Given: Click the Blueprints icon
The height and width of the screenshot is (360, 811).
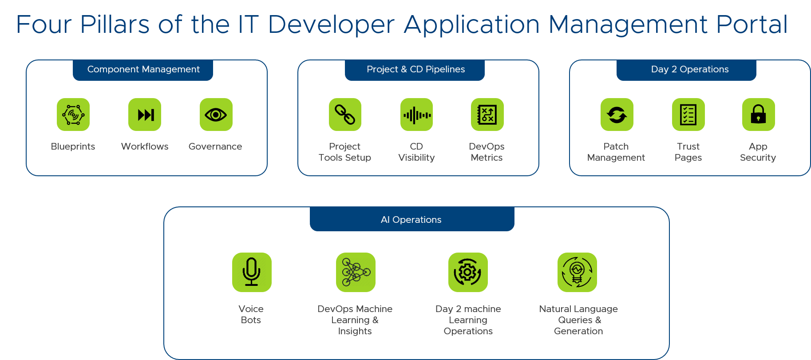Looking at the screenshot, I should click(73, 115).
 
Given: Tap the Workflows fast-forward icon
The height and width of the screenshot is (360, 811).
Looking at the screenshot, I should click(145, 115).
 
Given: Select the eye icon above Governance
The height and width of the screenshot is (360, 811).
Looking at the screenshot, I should click(216, 115).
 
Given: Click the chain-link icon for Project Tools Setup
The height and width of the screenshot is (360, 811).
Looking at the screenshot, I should click(345, 115).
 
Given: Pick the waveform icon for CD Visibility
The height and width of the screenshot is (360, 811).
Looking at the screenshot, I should click(416, 115).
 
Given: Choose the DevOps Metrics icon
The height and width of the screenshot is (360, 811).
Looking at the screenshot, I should click(487, 115).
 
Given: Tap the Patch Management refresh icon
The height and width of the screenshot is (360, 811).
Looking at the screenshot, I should click(617, 115).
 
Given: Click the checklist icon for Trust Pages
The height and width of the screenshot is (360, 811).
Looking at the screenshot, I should click(688, 115).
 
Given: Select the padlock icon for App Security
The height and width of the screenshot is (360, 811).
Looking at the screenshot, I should click(758, 115).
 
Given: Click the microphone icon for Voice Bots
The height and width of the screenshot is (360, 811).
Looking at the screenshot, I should click(252, 272).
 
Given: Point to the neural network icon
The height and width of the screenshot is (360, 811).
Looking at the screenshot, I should click(356, 272).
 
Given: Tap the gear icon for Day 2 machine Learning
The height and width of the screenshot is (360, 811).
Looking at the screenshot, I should click(468, 272).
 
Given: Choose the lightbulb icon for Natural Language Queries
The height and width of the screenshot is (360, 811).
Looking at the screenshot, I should click(577, 272).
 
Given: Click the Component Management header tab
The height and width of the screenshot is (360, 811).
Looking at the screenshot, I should click(143, 70).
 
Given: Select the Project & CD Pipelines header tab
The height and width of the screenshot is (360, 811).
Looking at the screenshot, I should click(415, 70).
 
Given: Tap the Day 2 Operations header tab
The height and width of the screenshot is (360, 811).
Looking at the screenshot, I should click(687, 70).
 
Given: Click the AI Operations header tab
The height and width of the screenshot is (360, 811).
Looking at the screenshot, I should click(411, 219).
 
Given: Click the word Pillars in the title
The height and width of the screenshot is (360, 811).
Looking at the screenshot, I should click(115, 24).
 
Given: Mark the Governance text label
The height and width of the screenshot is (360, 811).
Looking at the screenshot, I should click(215, 146).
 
